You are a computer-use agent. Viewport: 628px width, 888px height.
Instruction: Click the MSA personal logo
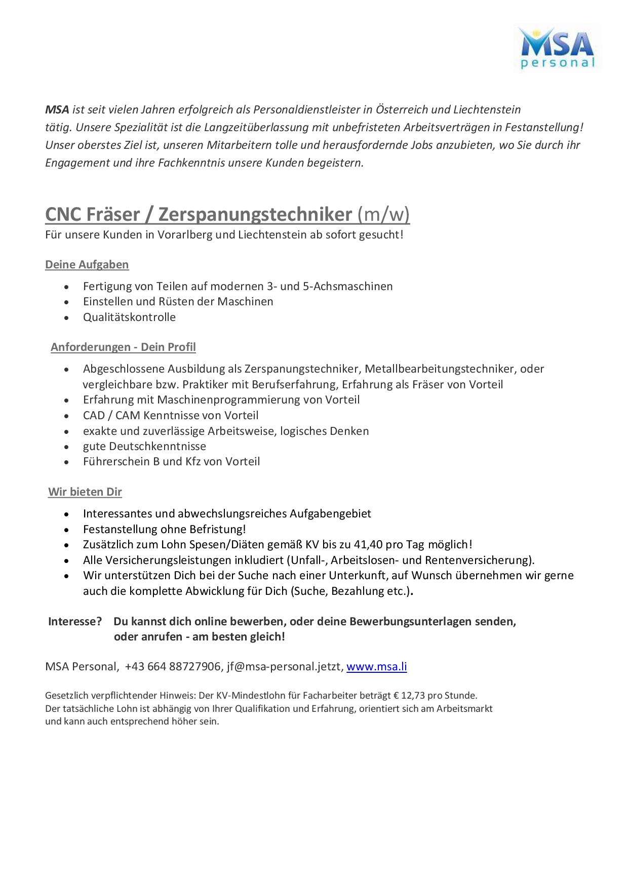pos(558,48)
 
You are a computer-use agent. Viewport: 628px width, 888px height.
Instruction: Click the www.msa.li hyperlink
pos(376,666)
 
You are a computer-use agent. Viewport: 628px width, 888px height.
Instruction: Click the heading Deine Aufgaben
pos(87,264)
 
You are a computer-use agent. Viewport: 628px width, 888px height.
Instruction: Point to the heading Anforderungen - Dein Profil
pos(123,347)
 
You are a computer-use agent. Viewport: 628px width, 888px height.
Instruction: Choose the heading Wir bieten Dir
pos(85,492)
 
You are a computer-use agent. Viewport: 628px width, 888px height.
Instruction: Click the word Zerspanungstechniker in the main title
pos(255,214)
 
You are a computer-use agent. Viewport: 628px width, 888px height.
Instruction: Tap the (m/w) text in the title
pos(383,214)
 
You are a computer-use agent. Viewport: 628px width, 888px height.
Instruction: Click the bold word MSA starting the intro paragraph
pos(57,109)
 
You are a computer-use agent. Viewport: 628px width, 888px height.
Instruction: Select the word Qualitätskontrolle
pos(129,317)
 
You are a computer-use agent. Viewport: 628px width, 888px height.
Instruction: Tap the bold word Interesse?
pos(75,621)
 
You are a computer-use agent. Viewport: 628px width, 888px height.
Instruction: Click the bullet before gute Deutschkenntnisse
pos(66,447)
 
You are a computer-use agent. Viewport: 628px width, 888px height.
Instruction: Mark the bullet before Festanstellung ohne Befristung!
pos(66,530)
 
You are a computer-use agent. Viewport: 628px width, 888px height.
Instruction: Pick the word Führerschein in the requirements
pos(116,461)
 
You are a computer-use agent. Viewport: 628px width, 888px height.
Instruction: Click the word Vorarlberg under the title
pos(185,234)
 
